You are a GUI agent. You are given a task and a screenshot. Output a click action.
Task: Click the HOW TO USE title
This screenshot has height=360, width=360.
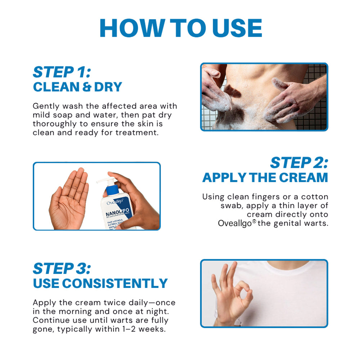click(180, 28)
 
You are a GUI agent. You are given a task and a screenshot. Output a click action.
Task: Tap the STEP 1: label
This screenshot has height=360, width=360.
click(62, 72)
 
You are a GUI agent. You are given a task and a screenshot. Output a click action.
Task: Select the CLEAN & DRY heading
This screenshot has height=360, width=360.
click(77, 87)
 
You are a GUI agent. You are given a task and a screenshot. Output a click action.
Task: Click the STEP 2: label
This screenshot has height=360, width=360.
click(299, 163)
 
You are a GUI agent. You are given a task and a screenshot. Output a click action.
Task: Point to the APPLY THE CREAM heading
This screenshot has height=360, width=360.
click(265, 177)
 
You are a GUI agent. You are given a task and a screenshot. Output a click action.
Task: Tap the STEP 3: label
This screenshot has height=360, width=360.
click(62, 269)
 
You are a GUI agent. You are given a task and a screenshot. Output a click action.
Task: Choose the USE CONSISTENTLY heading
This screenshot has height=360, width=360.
click(100, 283)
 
